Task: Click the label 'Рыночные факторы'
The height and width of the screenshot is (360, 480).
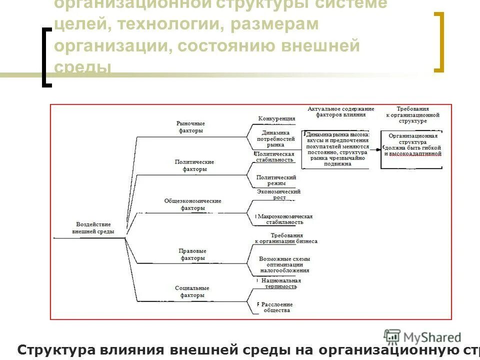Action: (191, 127)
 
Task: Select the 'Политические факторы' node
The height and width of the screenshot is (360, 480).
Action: (194, 165)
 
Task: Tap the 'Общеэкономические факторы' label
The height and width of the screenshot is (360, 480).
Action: (192, 204)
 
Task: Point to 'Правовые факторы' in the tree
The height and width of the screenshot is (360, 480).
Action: (192, 254)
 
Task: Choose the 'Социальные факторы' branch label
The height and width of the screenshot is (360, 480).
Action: (192, 291)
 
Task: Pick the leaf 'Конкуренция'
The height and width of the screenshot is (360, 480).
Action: (276, 119)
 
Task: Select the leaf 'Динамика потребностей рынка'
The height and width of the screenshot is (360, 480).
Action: (275, 138)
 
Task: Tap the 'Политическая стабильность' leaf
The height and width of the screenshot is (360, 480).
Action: (275, 157)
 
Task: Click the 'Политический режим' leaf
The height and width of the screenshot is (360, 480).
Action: (276, 180)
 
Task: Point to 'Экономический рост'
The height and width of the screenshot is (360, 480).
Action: (278, 194)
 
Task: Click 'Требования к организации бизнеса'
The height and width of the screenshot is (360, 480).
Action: (286, 238)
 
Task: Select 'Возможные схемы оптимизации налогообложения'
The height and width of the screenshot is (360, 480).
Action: (284, 264)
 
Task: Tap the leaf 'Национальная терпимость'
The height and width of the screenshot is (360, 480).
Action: (281, 283)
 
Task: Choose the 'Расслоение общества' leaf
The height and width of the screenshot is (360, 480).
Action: (276, 307)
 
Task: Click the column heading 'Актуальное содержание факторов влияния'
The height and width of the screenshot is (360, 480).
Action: (340, 111)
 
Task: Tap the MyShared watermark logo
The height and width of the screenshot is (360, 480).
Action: (422, 337)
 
